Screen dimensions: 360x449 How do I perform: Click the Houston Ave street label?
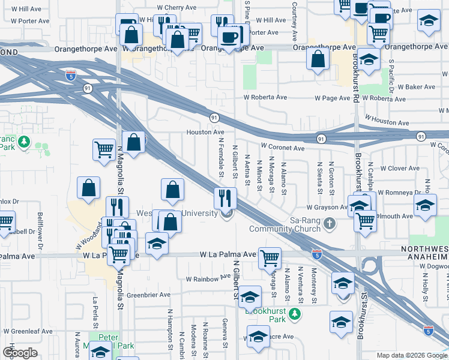click(205, 132)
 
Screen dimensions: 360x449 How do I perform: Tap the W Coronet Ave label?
click(282, 147)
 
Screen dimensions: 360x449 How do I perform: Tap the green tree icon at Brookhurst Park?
click(294, 313)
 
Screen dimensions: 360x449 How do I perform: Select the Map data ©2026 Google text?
click(411, 355)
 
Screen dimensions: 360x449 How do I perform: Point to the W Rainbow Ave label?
click(208, 278)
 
